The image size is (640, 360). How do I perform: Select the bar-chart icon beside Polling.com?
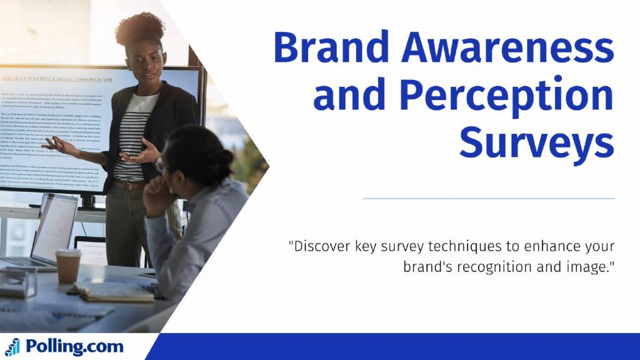[12, 347]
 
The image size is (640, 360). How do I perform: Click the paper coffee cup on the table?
[68, 266]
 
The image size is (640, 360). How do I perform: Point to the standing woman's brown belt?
[129, 185]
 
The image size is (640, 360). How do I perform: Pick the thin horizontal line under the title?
[488, 199]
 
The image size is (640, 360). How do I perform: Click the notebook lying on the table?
[116, 291]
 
